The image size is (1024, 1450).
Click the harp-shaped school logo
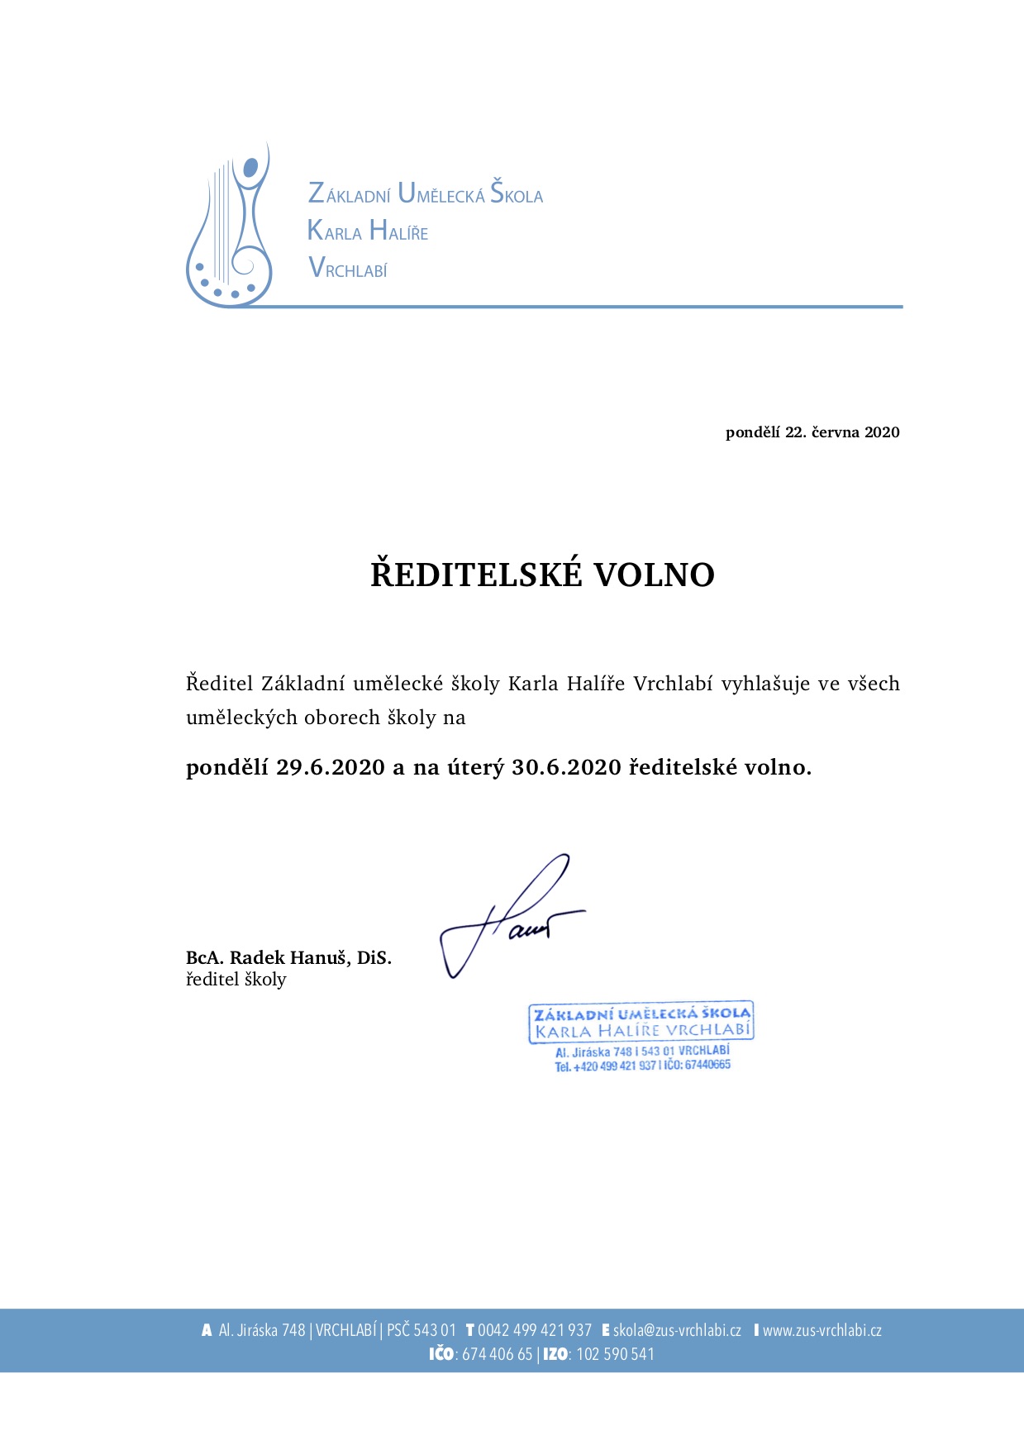(229, 227)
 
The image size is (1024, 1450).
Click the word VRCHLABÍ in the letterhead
(348, 269)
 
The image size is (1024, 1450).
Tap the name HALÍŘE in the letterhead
(399, 231)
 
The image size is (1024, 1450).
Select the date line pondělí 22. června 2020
(812, 432)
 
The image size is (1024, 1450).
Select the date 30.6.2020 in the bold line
(566, 768)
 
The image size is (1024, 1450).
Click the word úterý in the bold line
(475, 768)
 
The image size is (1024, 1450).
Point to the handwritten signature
(512, 918)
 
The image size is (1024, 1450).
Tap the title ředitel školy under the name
(236, 980)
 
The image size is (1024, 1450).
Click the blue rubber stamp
(641, 1036)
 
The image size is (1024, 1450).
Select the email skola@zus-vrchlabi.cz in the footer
(677, 1330)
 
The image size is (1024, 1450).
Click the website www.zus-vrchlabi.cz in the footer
(822, 1330)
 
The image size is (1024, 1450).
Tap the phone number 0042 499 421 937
(535, 1330)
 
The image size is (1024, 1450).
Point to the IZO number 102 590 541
(615, 1354)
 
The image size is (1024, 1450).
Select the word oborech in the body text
(343, 718)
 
